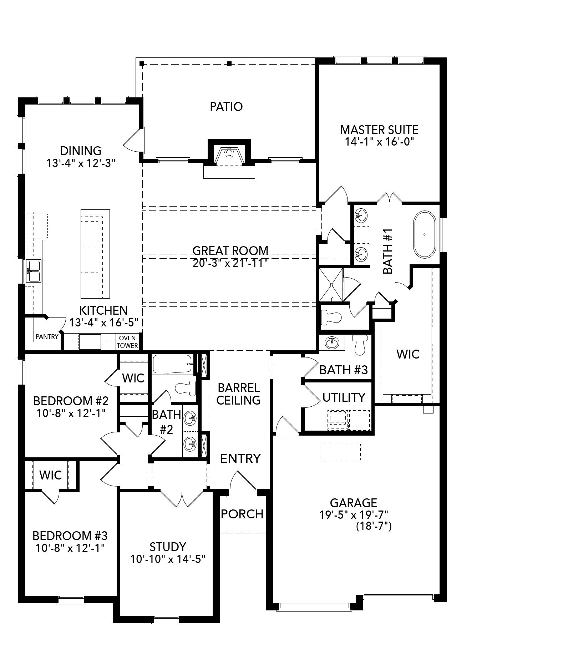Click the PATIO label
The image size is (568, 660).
coord(226,106)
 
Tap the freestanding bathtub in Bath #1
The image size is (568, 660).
coord(425,234)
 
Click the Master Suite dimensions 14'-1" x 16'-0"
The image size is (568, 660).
coord(379,142)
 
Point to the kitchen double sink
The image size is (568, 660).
coord(34,271)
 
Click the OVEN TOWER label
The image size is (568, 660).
coord(127,341)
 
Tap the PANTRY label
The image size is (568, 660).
coord(47,336)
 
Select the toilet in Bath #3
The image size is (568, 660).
coord(359,344)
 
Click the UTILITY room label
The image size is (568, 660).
coord(344,397)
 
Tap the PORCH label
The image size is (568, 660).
coord(242,514)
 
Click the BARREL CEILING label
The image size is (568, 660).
coord(238,394)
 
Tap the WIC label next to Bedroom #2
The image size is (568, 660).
coord(133,378)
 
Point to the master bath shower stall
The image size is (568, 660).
coord(331,285)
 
